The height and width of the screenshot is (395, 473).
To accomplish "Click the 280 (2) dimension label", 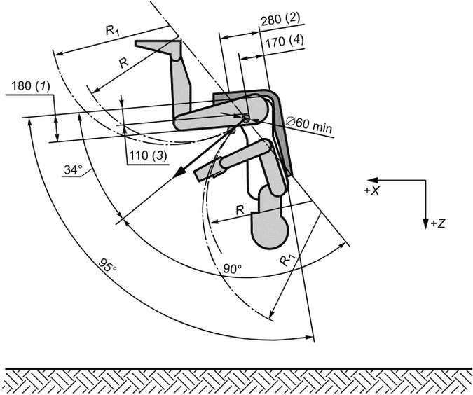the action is click(280, 20).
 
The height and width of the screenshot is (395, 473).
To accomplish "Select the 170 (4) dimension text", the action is click(285, 41).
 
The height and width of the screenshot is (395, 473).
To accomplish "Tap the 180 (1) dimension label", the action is click(30, 86).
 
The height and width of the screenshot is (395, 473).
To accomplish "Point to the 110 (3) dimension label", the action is click(148, 155).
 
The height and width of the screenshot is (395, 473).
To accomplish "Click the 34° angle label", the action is click(73, 169).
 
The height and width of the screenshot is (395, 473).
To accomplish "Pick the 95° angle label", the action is click(107, 265).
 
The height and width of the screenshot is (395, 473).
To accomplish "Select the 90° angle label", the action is click(233, 268).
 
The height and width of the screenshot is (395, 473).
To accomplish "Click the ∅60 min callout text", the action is click(310, 124).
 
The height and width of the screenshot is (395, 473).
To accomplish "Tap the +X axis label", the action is click(371, 190).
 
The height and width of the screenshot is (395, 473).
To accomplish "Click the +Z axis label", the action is click(438, 223).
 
